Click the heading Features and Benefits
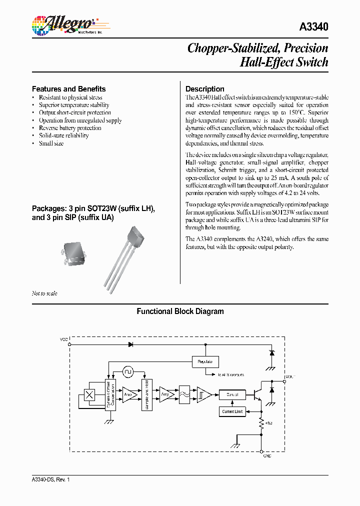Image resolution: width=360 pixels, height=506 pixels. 68,89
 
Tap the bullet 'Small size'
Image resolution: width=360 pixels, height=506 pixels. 51,143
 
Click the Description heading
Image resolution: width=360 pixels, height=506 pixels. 204,89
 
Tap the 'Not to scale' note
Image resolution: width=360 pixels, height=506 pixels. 44,293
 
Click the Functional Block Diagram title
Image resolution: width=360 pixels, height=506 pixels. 180,311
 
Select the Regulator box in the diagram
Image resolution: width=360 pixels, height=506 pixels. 205,361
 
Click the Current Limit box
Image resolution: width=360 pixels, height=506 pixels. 232,411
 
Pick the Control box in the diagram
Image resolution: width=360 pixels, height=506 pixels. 232,394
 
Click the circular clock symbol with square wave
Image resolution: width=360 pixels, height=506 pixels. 127,372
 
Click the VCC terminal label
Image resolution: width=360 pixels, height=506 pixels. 63,339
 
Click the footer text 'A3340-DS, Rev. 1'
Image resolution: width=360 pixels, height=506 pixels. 50,479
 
